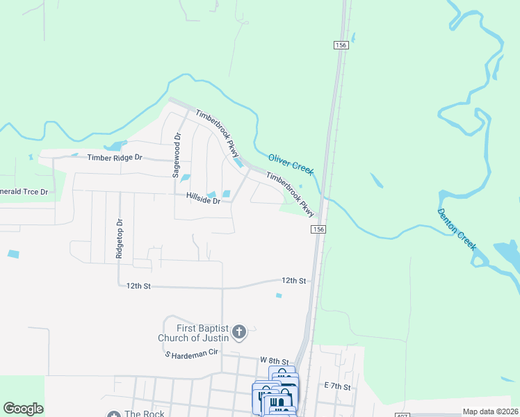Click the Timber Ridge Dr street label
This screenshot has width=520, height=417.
coord(114,158)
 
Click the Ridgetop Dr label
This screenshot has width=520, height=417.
coord(120,240)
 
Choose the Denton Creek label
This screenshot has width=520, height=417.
coord(457,229)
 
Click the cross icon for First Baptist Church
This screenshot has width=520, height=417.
coord(238,332)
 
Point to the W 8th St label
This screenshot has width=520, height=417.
coord(274,361)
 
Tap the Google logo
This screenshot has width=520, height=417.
coord(23,409)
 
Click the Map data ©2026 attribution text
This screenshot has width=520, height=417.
coord(490,411)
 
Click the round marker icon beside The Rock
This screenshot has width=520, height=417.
coord(114,414)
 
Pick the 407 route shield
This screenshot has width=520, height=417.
coord(401,415)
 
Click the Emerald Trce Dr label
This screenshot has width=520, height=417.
coord(25,192)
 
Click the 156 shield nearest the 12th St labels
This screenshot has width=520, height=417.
coord(318,229)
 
